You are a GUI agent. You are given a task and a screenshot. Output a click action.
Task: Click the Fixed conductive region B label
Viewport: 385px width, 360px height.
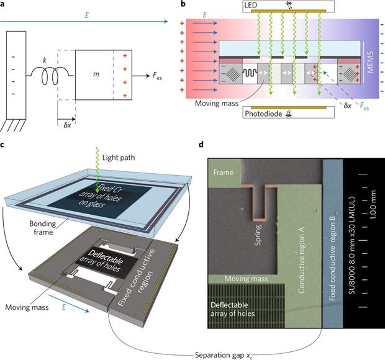(330, 245)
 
